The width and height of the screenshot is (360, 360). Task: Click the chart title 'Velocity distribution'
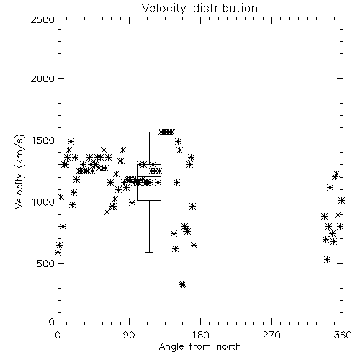[x=199, y=8]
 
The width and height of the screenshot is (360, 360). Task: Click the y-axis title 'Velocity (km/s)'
[x=19, y=171]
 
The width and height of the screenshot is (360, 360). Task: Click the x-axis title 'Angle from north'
[x=199, y=347]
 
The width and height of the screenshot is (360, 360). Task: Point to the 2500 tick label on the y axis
[x=42, y=19]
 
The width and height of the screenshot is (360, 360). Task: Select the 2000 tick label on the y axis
[x=42, y=78]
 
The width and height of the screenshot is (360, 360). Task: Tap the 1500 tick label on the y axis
[x=43, y=140]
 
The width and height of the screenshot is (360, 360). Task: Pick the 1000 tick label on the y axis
[x=43, y=202]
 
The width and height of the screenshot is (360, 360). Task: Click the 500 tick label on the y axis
[x=46, y=264]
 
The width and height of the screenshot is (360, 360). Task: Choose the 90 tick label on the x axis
[x=129, y=335]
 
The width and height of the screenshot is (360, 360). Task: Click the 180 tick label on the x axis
[x=200, y=335]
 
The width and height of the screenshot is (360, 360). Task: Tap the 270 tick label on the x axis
[x=271, y=335]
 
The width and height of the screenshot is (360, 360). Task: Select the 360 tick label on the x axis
[x=343, y=335]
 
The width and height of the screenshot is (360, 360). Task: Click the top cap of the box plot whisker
[x=149, y=132]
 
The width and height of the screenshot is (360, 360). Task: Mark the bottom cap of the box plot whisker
[x=149, y=252]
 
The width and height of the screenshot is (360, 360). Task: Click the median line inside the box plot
[x=149, y=176]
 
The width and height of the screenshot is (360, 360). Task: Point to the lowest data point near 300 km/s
[x=183, y=284]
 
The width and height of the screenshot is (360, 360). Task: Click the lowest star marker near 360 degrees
[x=327, y=259]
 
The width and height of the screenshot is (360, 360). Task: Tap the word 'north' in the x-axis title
[x=229, y=347]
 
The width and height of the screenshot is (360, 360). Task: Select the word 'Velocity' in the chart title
[x=164, y=9]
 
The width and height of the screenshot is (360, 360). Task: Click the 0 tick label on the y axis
[x=52, y=322]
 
